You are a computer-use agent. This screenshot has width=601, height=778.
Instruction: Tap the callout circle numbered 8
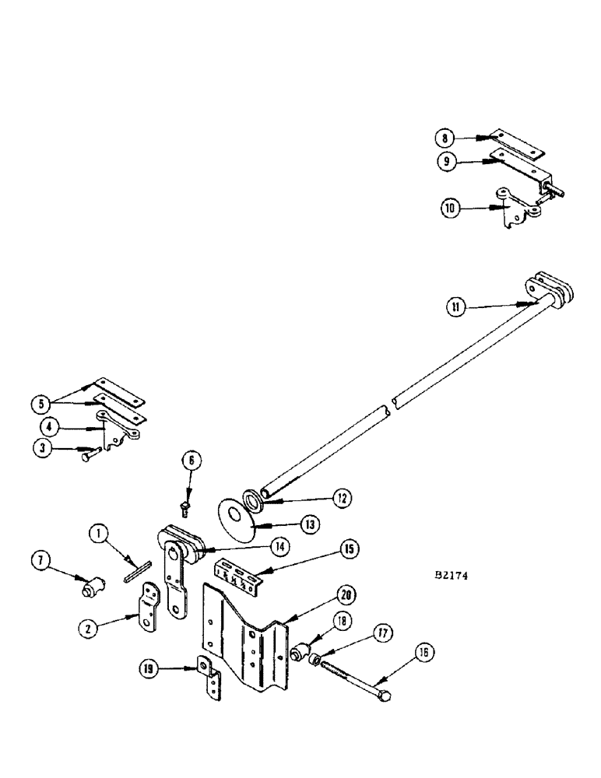click(x=445, y=138)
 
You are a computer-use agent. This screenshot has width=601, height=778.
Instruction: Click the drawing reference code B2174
click(x=452, y=578)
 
